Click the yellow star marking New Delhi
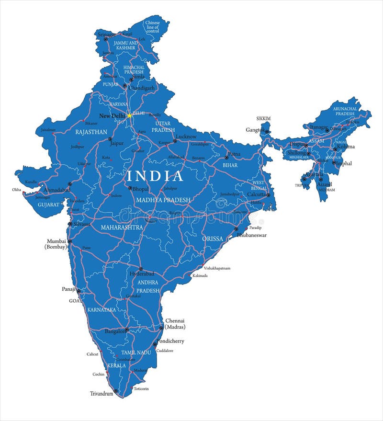click(x=129, y=115)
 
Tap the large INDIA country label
click(x=155, y=176)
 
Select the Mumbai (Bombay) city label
click(x=56, y=244)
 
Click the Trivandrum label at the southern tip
click(x=101, y=393)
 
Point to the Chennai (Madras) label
click(x=175, y=324)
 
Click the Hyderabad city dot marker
click(x=140, y=269)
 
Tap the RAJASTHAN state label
click(x=91, y=131)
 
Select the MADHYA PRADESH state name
click(x=163, y=200)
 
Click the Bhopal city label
click(x=140, y=189)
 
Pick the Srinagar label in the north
click(x=106, y=34)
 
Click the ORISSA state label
click(x=213, y=238)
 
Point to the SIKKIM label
click(x=263, y=118)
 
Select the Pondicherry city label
click(x=170, y=341)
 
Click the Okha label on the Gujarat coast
click(x=17, y=190)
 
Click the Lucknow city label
click(x=186, y=137)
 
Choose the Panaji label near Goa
click(x=69, y=289)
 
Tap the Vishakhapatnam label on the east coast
click(x=217, y=268)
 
